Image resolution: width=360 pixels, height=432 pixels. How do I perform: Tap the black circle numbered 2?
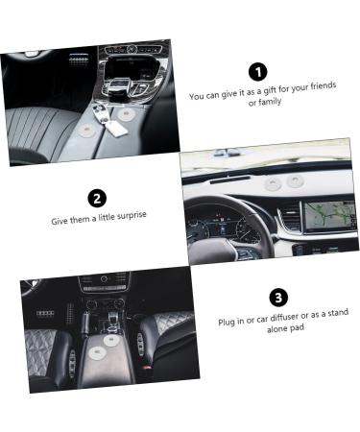[x=97, y=199]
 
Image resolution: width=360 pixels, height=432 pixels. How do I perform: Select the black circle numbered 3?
[x=278, y=298]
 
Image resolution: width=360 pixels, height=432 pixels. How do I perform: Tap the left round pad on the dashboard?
[x=273, y=180]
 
